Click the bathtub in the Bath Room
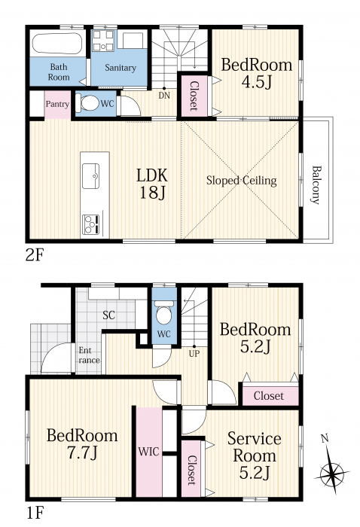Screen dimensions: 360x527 [x=57, y=43]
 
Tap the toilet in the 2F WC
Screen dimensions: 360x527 [x=87, y=103]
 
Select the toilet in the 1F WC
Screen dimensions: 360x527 [x=164, y=312]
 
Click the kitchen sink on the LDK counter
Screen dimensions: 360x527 [x=91, y=175]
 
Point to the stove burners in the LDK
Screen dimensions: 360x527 [x=91, y=224]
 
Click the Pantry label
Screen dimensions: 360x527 [x=57, y=104]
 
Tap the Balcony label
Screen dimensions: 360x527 [x=316, y=185]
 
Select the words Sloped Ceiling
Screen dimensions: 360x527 [x=241, y=181]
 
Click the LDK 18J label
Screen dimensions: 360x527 [x=152, y=184]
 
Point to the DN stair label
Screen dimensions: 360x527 [x=164, y=96]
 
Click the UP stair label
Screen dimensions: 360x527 [x=194, y=354]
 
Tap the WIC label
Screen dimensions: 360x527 [x=149, y=452]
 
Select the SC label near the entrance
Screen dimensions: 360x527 [x=109, y=315]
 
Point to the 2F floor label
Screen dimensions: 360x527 [x=35, y=255]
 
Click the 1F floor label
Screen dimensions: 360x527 [x=35, y=513]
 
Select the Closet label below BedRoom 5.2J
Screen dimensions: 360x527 [x=269, y=396]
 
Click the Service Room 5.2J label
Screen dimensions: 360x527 [x=255, y=456]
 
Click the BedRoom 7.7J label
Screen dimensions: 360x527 [x=82, y=444]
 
